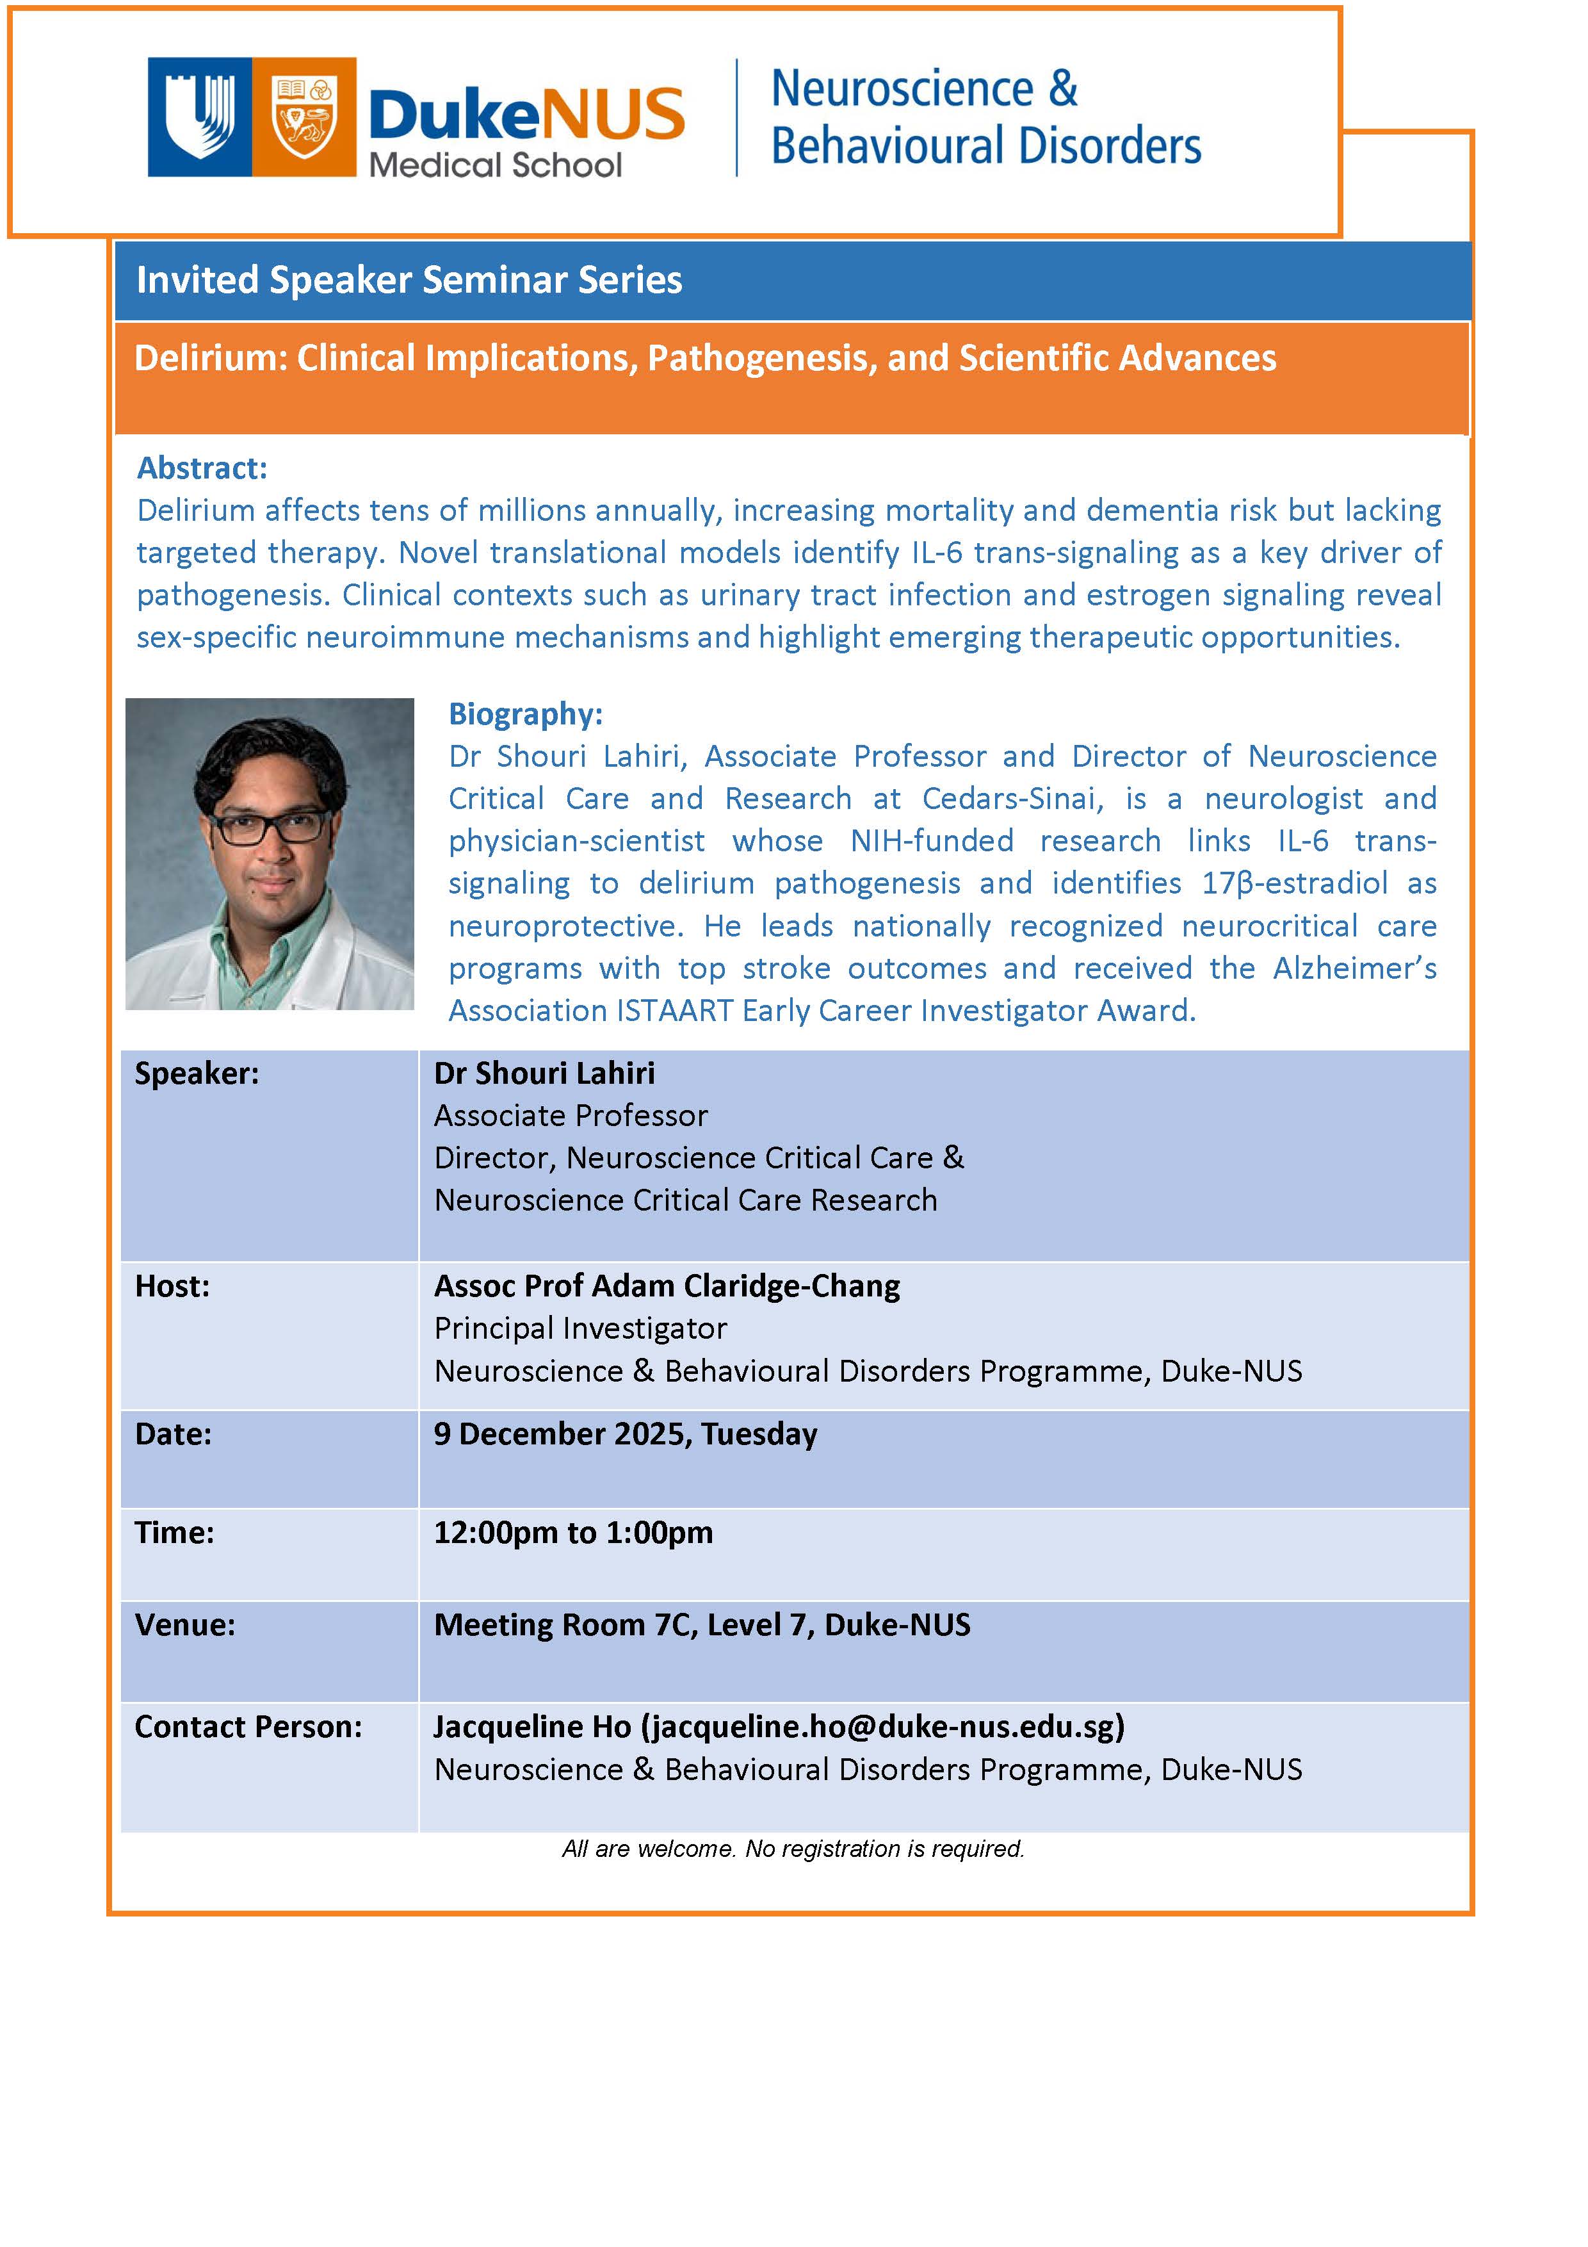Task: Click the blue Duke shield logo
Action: pyautogui.click(x=200, y=117)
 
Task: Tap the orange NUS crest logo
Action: pyautogui.click(x=304, y=117)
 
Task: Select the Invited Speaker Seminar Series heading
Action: pyautogui.click(x=409, y=281)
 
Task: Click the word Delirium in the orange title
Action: pyautogui.click(x=207, y=358)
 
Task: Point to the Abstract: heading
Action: pyautogui.click(x=202, y=468)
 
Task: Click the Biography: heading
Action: pyautogui.click(x=526, y=714)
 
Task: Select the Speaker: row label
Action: pyautogui.click(x=197, y=1074)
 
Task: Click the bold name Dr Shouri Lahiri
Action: pyautogui.click(x=544, y=1074)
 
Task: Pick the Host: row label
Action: pyautogui.click(x=172, y=1286)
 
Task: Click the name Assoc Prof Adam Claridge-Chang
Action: pyautogui.click(x=667, y=1286)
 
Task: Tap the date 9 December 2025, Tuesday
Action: pyautogui.click(x=625, y=1434)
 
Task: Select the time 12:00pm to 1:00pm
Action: pyautogui.click(x=573, y=1533)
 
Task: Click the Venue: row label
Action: pyautogui.click(x=185, y=1624)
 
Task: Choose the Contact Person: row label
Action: pyautogui.click(x=248, y=1726)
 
